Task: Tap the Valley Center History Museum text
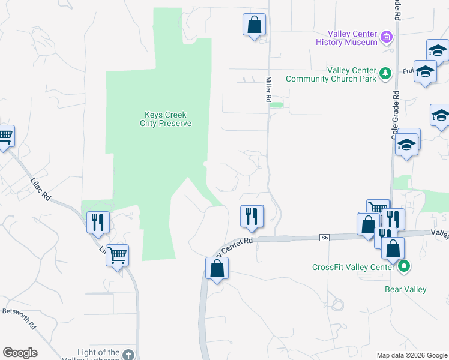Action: click(352, 38)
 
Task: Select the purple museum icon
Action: click(387, 38)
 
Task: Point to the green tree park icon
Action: click(385, 74)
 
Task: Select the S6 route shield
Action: click(324, 238)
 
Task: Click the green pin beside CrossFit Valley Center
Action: click(404, 266)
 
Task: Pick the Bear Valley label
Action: click(405, 290)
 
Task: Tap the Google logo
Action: click(20, 353)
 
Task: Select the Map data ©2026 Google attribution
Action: click(411, 355)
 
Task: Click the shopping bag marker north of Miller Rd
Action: click(254, 25)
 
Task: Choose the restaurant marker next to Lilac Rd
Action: click(97, 222)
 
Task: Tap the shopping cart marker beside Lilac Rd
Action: click(117, 256)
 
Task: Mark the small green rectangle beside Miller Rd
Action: click(276, 105)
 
